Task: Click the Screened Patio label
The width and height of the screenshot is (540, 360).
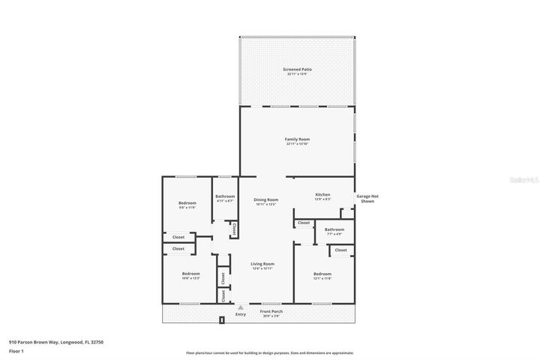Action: point(297,70)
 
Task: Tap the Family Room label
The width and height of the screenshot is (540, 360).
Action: point(297,139)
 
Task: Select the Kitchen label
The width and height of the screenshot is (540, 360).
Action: point(322,196)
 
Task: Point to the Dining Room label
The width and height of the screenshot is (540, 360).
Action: point(266,200)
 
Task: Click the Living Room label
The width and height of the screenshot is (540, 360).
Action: point(262,264)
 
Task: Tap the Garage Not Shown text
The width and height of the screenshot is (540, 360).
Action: point(367,199)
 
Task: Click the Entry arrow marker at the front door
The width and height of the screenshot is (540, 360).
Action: point(240,307)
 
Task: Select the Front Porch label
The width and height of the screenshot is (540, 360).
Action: point(271,312)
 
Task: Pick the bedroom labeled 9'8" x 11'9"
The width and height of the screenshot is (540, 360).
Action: point(187,204)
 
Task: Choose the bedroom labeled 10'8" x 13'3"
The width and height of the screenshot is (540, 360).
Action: point(190,274)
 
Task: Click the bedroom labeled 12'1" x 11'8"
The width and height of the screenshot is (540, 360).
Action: point(322,274)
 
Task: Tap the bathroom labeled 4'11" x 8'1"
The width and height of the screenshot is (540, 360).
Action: point(225,197)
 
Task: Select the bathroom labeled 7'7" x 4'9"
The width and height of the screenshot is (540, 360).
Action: point(334,230)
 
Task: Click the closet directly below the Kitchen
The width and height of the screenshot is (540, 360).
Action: point(304,223)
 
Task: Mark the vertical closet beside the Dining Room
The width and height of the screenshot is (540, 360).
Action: point(235,229)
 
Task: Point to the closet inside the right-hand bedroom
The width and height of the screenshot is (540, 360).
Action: point(340,250)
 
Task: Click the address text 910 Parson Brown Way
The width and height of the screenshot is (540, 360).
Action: point(56,341)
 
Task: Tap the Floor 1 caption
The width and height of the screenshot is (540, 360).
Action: point(16,351)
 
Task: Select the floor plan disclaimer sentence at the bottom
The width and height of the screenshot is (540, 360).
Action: point(269,352)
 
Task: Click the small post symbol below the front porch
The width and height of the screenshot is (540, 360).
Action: point(222,321)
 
